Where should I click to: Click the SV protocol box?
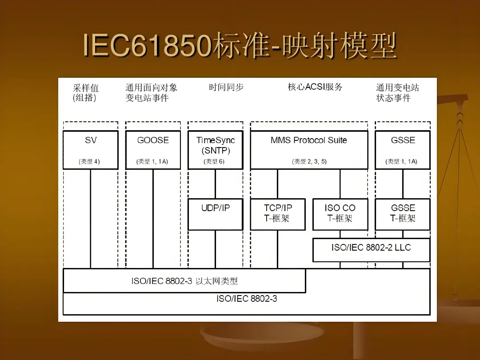point(91,150)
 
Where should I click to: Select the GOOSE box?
point(153,150)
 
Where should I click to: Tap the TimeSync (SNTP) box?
point(216,150)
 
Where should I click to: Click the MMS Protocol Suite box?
point(309,150)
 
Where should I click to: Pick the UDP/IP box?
point(216,214)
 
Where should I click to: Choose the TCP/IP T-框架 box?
point(278,214)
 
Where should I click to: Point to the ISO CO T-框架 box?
point(340,214)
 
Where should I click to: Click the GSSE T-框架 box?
point(403,214)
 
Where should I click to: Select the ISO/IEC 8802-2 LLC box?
point(371,250)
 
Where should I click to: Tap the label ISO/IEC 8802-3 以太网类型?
point(184,281)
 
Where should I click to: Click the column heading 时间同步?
point(226,87)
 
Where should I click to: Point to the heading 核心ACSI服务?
point(315,87)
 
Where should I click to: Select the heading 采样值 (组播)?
point(85,93)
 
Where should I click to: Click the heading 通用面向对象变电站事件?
point(151,93)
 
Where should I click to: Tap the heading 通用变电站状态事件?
point(397,93)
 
